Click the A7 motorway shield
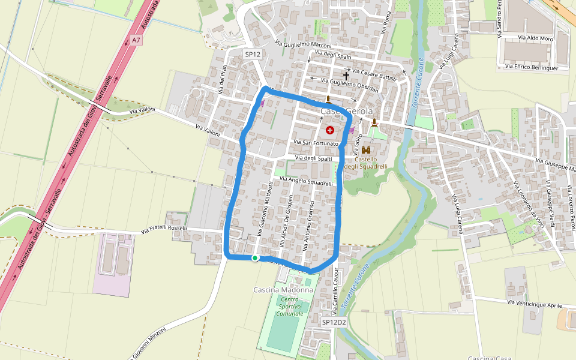(x=136, y=40)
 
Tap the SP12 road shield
(x=253, y=54)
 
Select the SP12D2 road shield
(x=333, y=322)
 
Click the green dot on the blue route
(x=255, y=258)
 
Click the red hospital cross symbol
(x=329, y=130)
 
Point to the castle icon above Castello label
(x=366, y=150)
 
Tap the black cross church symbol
(x=346, y=77)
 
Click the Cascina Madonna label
(x=283, y=290)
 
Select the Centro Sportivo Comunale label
(x=290, y=306)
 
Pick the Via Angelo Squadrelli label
(x=306, y=181)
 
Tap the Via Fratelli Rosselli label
(x=164, y=229)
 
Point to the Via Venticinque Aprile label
(x=535, y=304)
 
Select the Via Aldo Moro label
(x=535, y=38)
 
